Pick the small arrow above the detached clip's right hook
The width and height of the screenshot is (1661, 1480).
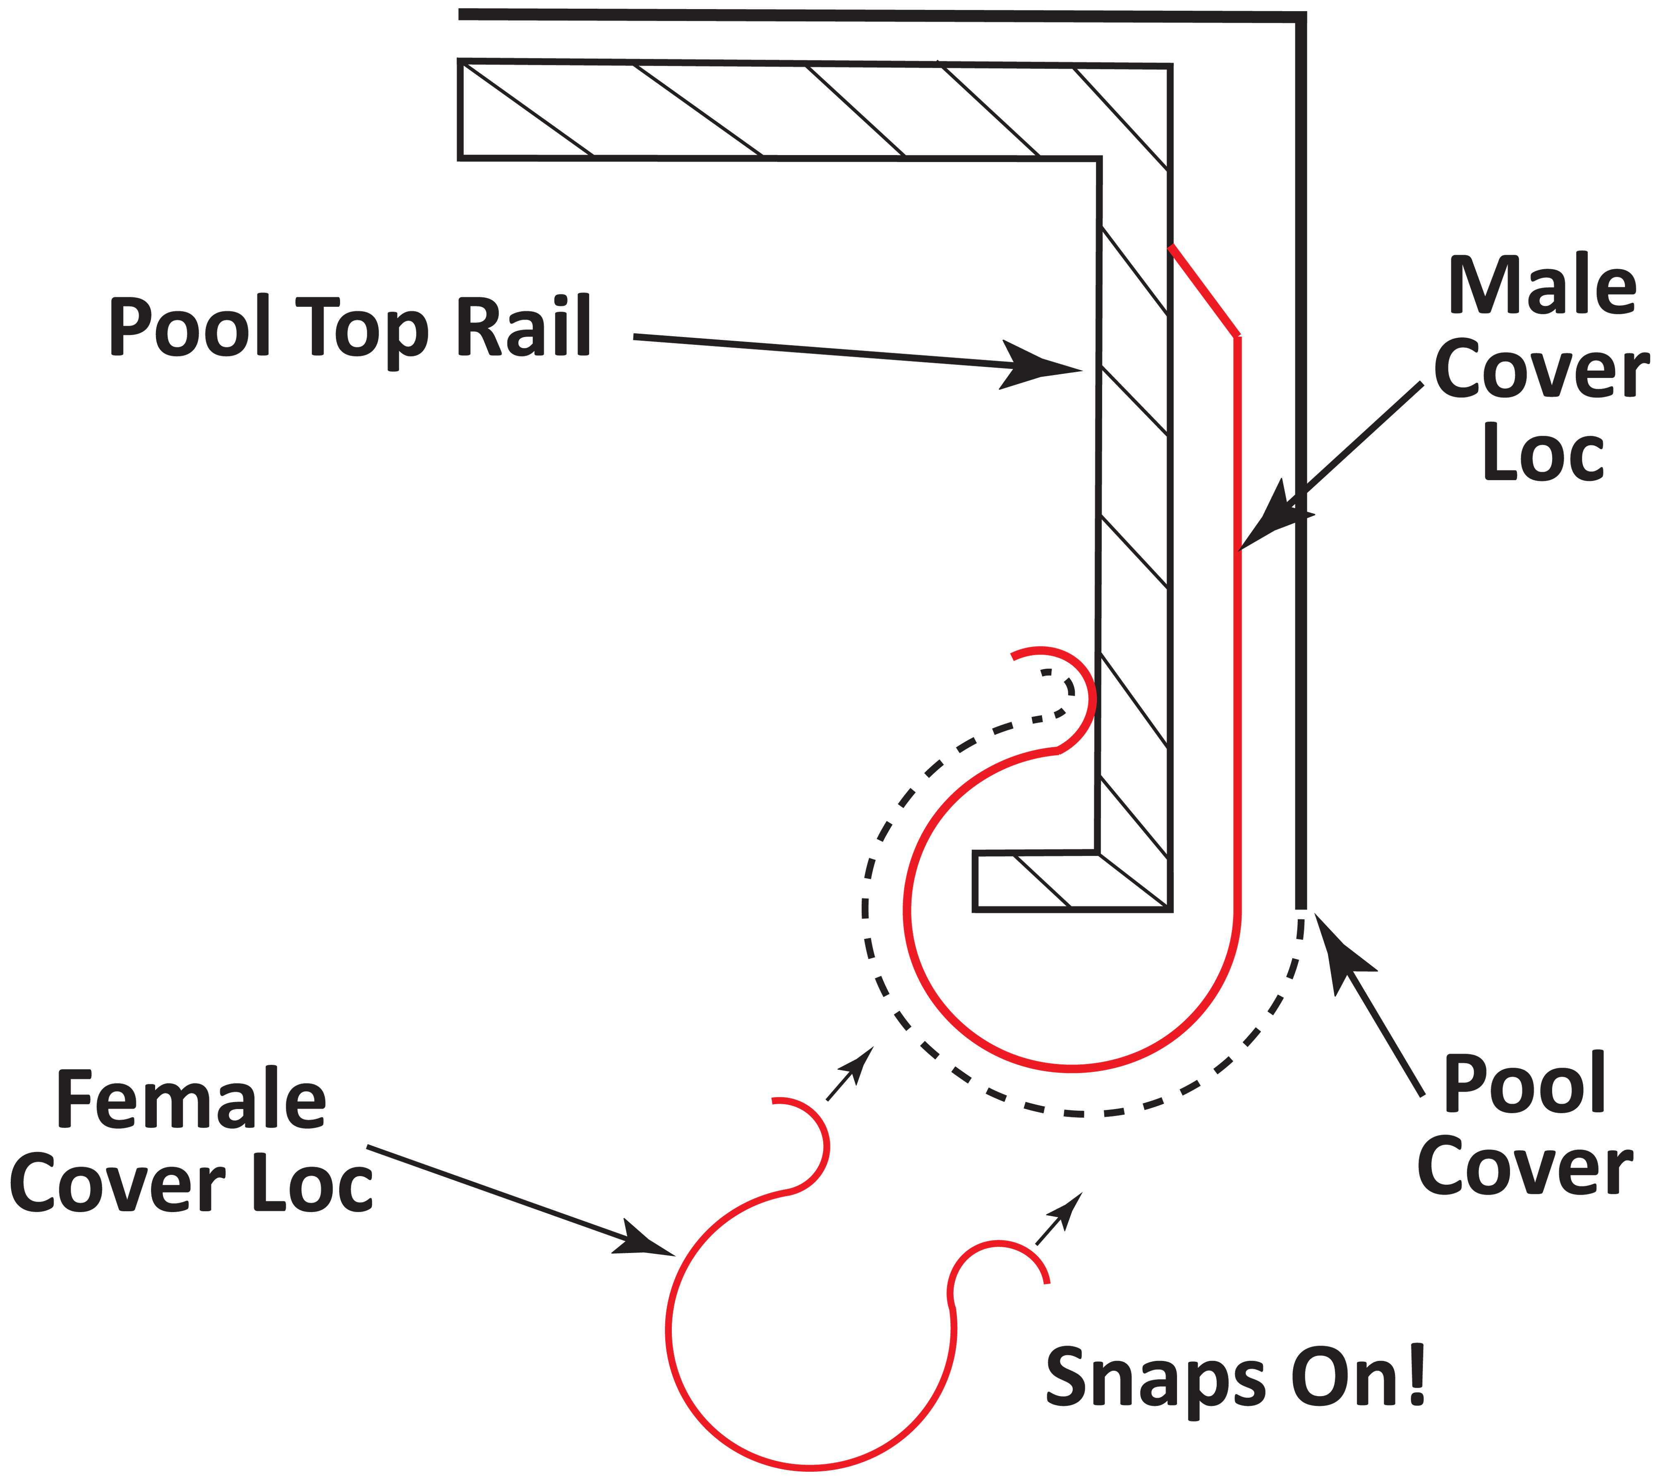pos(1060,1220)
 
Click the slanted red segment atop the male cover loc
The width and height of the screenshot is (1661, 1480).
pos(1204,290)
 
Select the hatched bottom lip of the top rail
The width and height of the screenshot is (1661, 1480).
pos(1072,881)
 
